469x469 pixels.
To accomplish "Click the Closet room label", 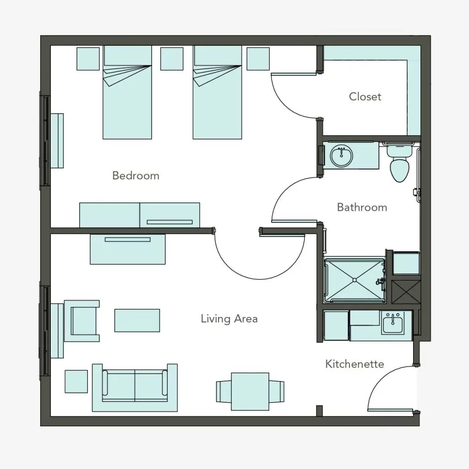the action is point(365,97).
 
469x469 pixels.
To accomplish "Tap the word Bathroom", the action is point(362,207).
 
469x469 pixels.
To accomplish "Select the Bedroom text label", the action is point(136,175).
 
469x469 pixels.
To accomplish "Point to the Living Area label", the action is point(229,319).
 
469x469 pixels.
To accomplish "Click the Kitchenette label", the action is point(354,364).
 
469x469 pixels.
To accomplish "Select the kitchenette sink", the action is point(393,322).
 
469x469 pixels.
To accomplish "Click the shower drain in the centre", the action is point(354,280).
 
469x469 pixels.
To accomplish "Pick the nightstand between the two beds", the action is point(172,59).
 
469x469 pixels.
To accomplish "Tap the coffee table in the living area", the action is point(137,321).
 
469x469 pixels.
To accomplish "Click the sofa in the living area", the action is point(135,387).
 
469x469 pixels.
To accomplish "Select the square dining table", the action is point(250,392).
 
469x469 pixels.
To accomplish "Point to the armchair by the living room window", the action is point(82,321).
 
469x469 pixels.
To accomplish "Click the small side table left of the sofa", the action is point(76,382).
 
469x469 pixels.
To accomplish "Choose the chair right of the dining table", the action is point(277,392).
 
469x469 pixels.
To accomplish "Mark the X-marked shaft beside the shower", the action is point(406,292).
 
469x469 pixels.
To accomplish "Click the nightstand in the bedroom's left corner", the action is point(88,59).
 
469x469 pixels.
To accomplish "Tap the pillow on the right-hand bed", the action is point(218,55).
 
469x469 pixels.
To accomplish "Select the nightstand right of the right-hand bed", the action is point(258,59).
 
